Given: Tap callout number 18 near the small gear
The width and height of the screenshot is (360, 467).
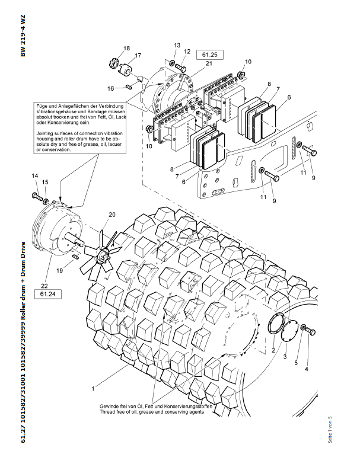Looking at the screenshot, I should pyautogui.click(x=126, y=48).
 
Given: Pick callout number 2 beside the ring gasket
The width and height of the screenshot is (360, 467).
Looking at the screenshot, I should pyautogui.click(x=273, y=351).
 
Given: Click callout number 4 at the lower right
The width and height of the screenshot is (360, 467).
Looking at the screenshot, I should pyautogui.click(x=307, y=369).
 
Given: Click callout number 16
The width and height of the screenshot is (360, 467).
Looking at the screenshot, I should pyautogui.click(x=110, y=88).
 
